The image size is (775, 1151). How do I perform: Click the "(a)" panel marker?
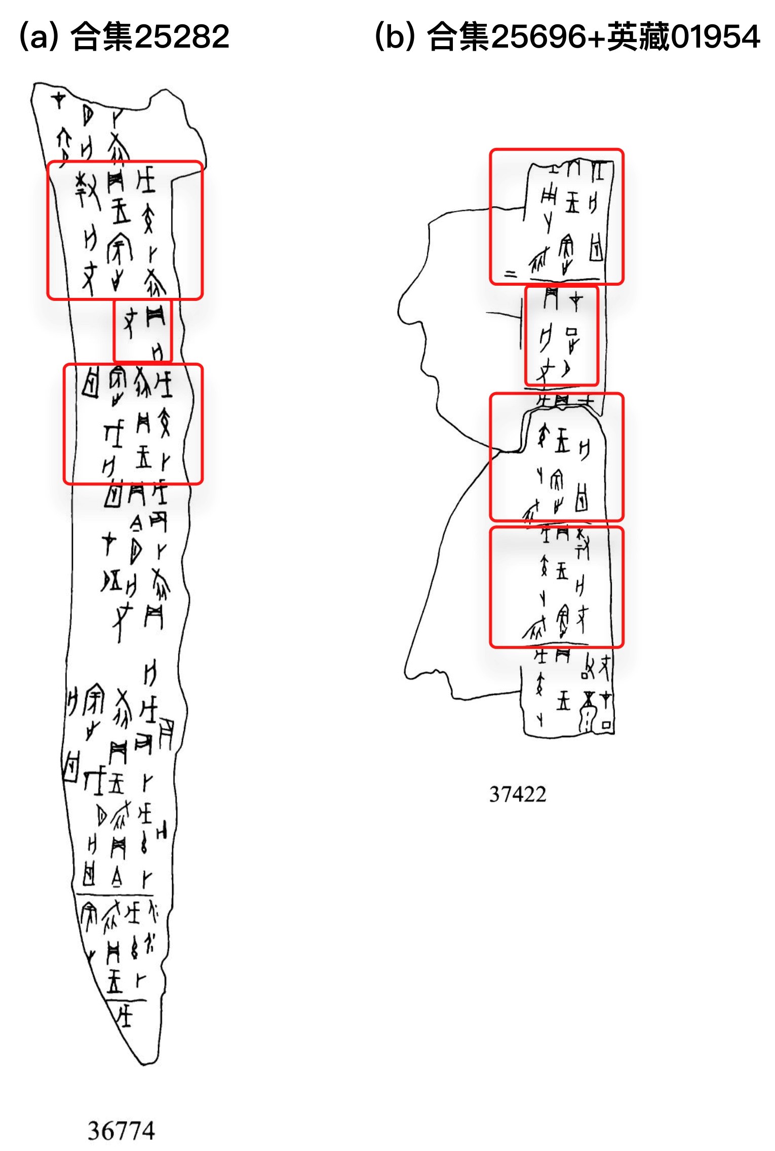[37, 37]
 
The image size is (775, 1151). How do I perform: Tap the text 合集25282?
[150, 37]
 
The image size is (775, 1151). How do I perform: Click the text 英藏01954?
[684, 37]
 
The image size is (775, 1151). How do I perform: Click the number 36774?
[121, 1131]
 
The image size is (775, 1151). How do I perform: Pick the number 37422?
[518, 794]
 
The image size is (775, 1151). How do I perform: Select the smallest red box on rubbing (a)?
[142, 330]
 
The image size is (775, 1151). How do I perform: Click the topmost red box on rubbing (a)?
[125, 230]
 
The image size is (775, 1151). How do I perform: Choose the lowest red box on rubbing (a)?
[133, 424]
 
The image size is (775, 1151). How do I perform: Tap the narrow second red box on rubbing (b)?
[561, 335]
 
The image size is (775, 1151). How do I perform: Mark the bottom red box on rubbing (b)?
[556, 587]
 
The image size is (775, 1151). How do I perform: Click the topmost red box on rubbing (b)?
[556, 216]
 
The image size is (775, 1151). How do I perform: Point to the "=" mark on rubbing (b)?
[511, 275]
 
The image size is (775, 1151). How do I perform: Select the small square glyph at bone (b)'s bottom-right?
[606, 725]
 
